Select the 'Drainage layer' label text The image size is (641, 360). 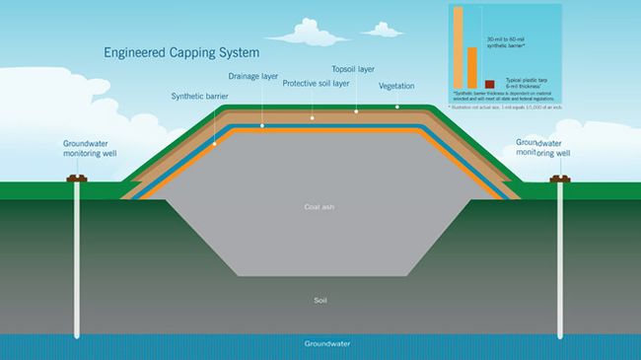pos(253,75)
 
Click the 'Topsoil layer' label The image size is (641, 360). pos(353,70)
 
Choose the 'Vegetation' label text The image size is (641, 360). pos(397,85)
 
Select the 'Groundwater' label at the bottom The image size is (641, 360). pos(320,345)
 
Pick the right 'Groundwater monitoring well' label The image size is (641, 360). pos(545,147)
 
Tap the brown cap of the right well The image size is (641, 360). pos(560,180)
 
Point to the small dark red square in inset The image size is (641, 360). pos(486,83)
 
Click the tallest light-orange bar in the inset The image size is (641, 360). pos(457,46)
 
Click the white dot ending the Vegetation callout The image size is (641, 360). pos(397,106)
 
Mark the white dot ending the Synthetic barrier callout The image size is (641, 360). pos(214,144)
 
